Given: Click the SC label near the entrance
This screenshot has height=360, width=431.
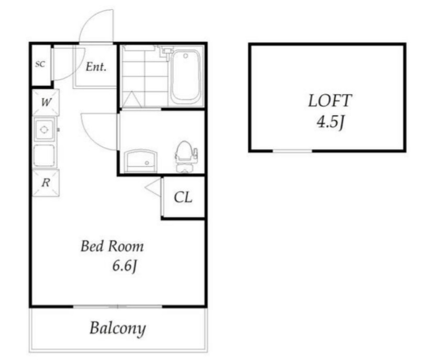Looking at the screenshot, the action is pyautogui.click(x=40, y=64).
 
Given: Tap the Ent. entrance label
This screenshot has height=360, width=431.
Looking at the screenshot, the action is pyautogui.click(x=96, y=67).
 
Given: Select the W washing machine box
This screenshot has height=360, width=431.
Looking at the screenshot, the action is pyautogui.click(x=46, y=102).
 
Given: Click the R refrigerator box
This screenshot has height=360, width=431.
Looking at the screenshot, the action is pyautogui.click(x=46, y=183).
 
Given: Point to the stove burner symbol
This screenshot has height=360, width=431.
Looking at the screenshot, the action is pyautogui.click(x=44, y=129).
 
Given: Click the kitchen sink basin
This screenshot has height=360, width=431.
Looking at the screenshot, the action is pyautogui.click(x=44, y=155).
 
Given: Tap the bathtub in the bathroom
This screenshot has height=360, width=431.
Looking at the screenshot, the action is pyautogui.click(x=185, y=76).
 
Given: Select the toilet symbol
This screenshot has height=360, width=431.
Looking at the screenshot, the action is pyautogui.click(x=185, y=156).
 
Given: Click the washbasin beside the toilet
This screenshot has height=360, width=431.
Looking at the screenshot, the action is pyautogui.click(x=141, y=161).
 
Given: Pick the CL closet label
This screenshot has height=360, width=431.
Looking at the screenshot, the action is pyautogui.click(x=183, y=197).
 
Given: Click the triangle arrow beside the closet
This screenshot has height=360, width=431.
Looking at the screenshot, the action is pyautogui.click(x=153, y=187).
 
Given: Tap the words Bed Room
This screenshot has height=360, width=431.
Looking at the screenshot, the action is pyautogui.click(x=112, y=246).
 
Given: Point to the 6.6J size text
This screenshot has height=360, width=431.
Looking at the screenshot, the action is pyautogui.click(x=125, y=266).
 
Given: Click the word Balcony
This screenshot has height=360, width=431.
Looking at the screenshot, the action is pyautogui.click(x=118, y=328).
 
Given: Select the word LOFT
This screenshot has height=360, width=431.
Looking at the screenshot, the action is pyautogui.click(x=330, y=101).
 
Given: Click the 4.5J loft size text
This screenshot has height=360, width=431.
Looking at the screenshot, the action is pyautogui.click(x=330, y=122).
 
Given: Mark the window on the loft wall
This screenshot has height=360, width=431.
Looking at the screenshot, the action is pyautogui.click(x=292, y=151).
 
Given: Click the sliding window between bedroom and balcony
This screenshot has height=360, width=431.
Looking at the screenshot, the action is pyautogui.click(x=118, y=307).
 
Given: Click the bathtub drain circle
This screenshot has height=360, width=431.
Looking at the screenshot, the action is pyautogui.click(x=186, y=56).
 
